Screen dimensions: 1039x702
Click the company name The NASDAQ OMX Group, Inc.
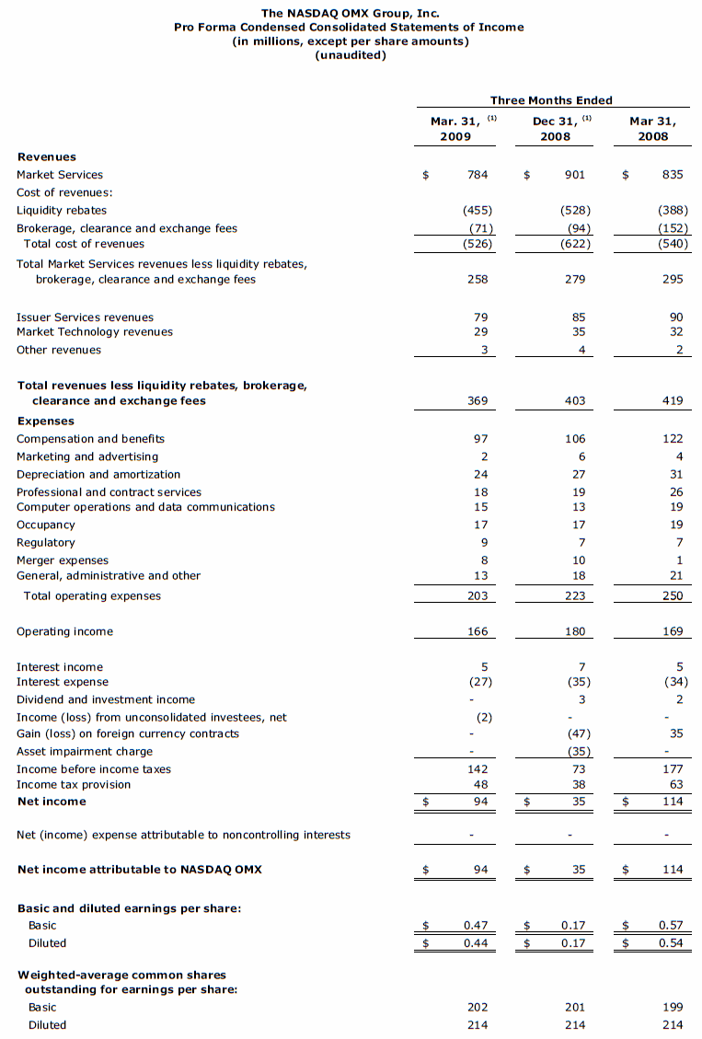click(x=351, y=13)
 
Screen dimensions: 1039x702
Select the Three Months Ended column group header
click(x=551, y=100)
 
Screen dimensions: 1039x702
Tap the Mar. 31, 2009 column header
click(x=455, y=128)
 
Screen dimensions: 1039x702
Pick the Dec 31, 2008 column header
click(x=556, y=128)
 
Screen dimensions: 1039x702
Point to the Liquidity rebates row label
click(x=62, y=211)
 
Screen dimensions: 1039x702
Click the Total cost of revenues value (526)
click(x=477, y=244)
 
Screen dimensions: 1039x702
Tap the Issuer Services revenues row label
click(x=85, y=317)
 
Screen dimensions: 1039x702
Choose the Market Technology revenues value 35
click(x=579, y=331)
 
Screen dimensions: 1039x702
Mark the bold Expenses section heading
click(x=46, y=421)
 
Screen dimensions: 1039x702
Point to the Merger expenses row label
click(x=63, y=560)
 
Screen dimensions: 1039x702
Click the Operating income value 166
click(x=477, y=632)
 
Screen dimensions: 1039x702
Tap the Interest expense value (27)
click(x=478, y=682)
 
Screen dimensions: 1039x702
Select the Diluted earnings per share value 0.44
click(x=475, y=943)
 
